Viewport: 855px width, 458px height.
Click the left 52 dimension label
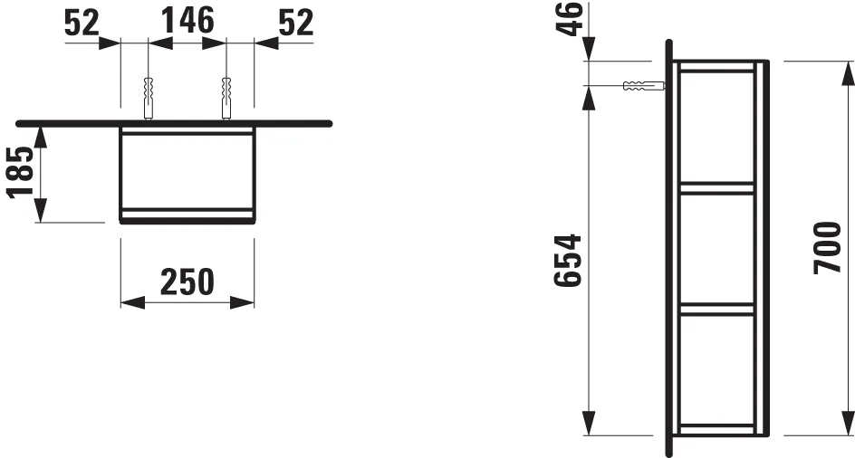point(82,22)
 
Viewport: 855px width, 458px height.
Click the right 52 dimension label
point(294,22)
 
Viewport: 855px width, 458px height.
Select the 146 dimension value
point(187,20)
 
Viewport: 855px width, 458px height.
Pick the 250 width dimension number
point(187,281)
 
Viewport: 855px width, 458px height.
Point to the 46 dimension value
point(570,19)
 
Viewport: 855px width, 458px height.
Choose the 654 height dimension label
point(568,261)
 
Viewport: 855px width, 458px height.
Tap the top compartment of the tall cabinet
point(716,127)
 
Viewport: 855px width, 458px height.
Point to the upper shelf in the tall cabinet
point(716,188)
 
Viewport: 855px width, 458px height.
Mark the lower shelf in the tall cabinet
point(716,309)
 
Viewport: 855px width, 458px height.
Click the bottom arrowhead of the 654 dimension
point(589,423)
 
